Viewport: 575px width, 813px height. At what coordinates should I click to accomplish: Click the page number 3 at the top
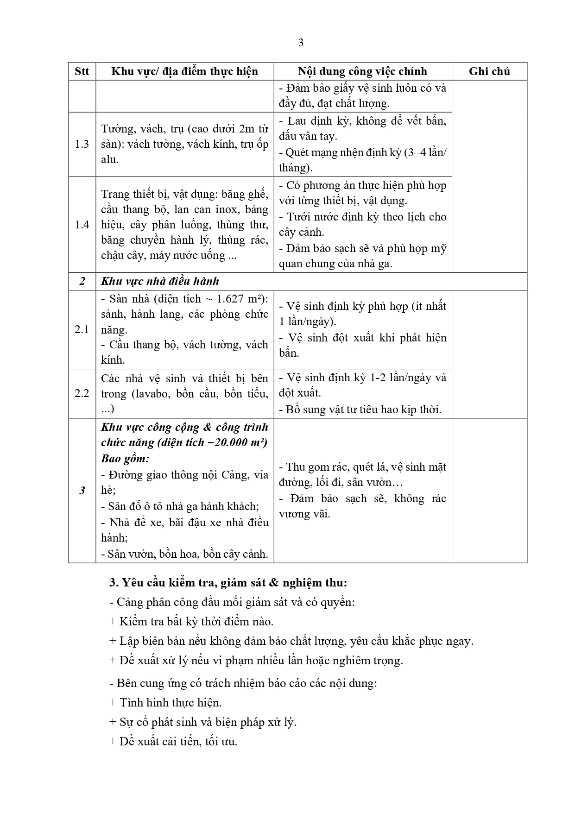pos(301,43)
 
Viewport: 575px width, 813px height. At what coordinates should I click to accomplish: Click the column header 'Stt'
pos(82,71)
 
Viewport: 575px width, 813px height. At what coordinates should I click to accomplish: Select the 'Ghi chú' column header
pos(489,71)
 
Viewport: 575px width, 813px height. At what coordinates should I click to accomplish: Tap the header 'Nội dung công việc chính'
pos(362,71)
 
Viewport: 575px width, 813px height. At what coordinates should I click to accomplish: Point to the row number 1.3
pos(82,144)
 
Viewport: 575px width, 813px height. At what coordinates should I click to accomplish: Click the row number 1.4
pos(82,225)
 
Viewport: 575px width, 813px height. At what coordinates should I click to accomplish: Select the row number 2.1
pos(82,329)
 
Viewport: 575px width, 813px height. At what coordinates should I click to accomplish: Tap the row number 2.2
pos(82,393)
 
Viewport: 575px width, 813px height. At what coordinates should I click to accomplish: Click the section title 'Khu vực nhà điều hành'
pos(160,281)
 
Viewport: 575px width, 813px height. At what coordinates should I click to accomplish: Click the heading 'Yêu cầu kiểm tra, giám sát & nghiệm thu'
pos(228,583)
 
